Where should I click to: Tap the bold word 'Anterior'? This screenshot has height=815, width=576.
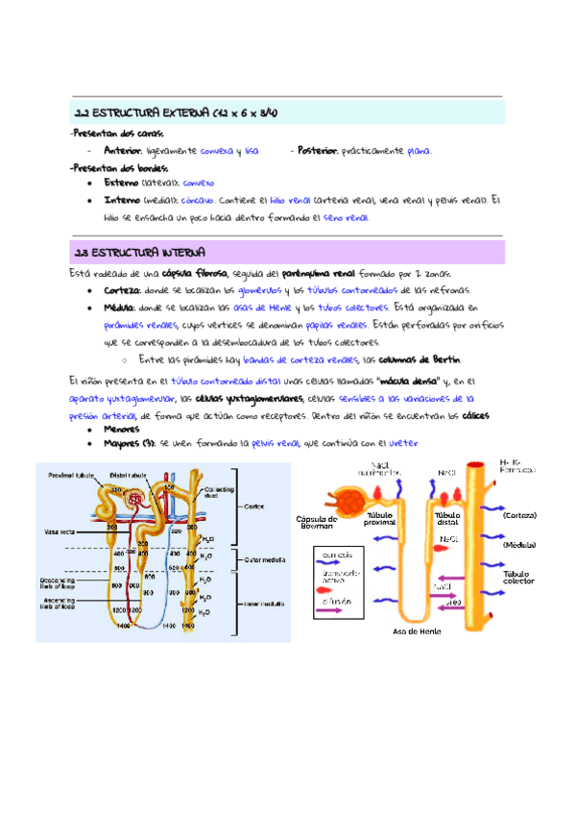click(123, 151)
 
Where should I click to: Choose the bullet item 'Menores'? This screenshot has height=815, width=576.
click(122, 430)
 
